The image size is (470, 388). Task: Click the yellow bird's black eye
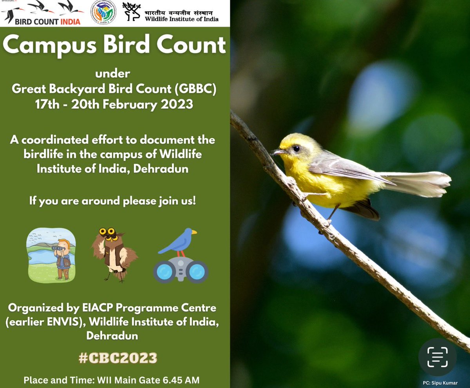(x=296, y=148)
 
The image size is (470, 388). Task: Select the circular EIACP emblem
(x=103, y=13)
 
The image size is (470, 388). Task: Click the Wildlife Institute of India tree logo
(x=132, y=12)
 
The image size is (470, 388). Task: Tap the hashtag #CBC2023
(x=118, y=358)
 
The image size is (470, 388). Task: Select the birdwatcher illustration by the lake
(x=51, y=255)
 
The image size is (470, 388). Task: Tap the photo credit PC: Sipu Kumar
(x=440, y=383)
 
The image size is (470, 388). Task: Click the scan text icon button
(x=437, y=357)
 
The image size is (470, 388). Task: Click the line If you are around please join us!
(x=112, y=201)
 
